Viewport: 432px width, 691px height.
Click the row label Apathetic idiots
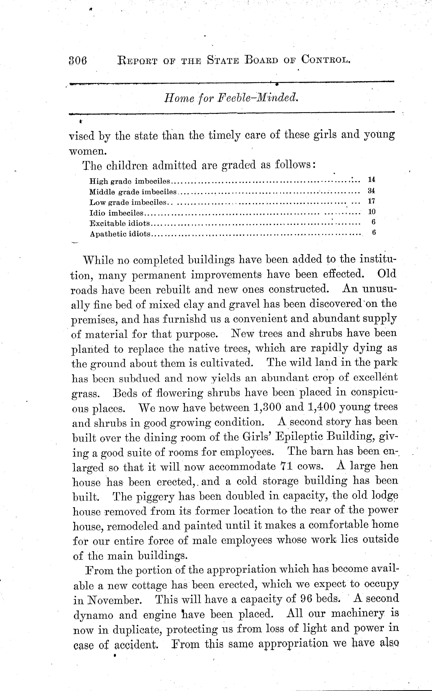click(120, 234)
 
